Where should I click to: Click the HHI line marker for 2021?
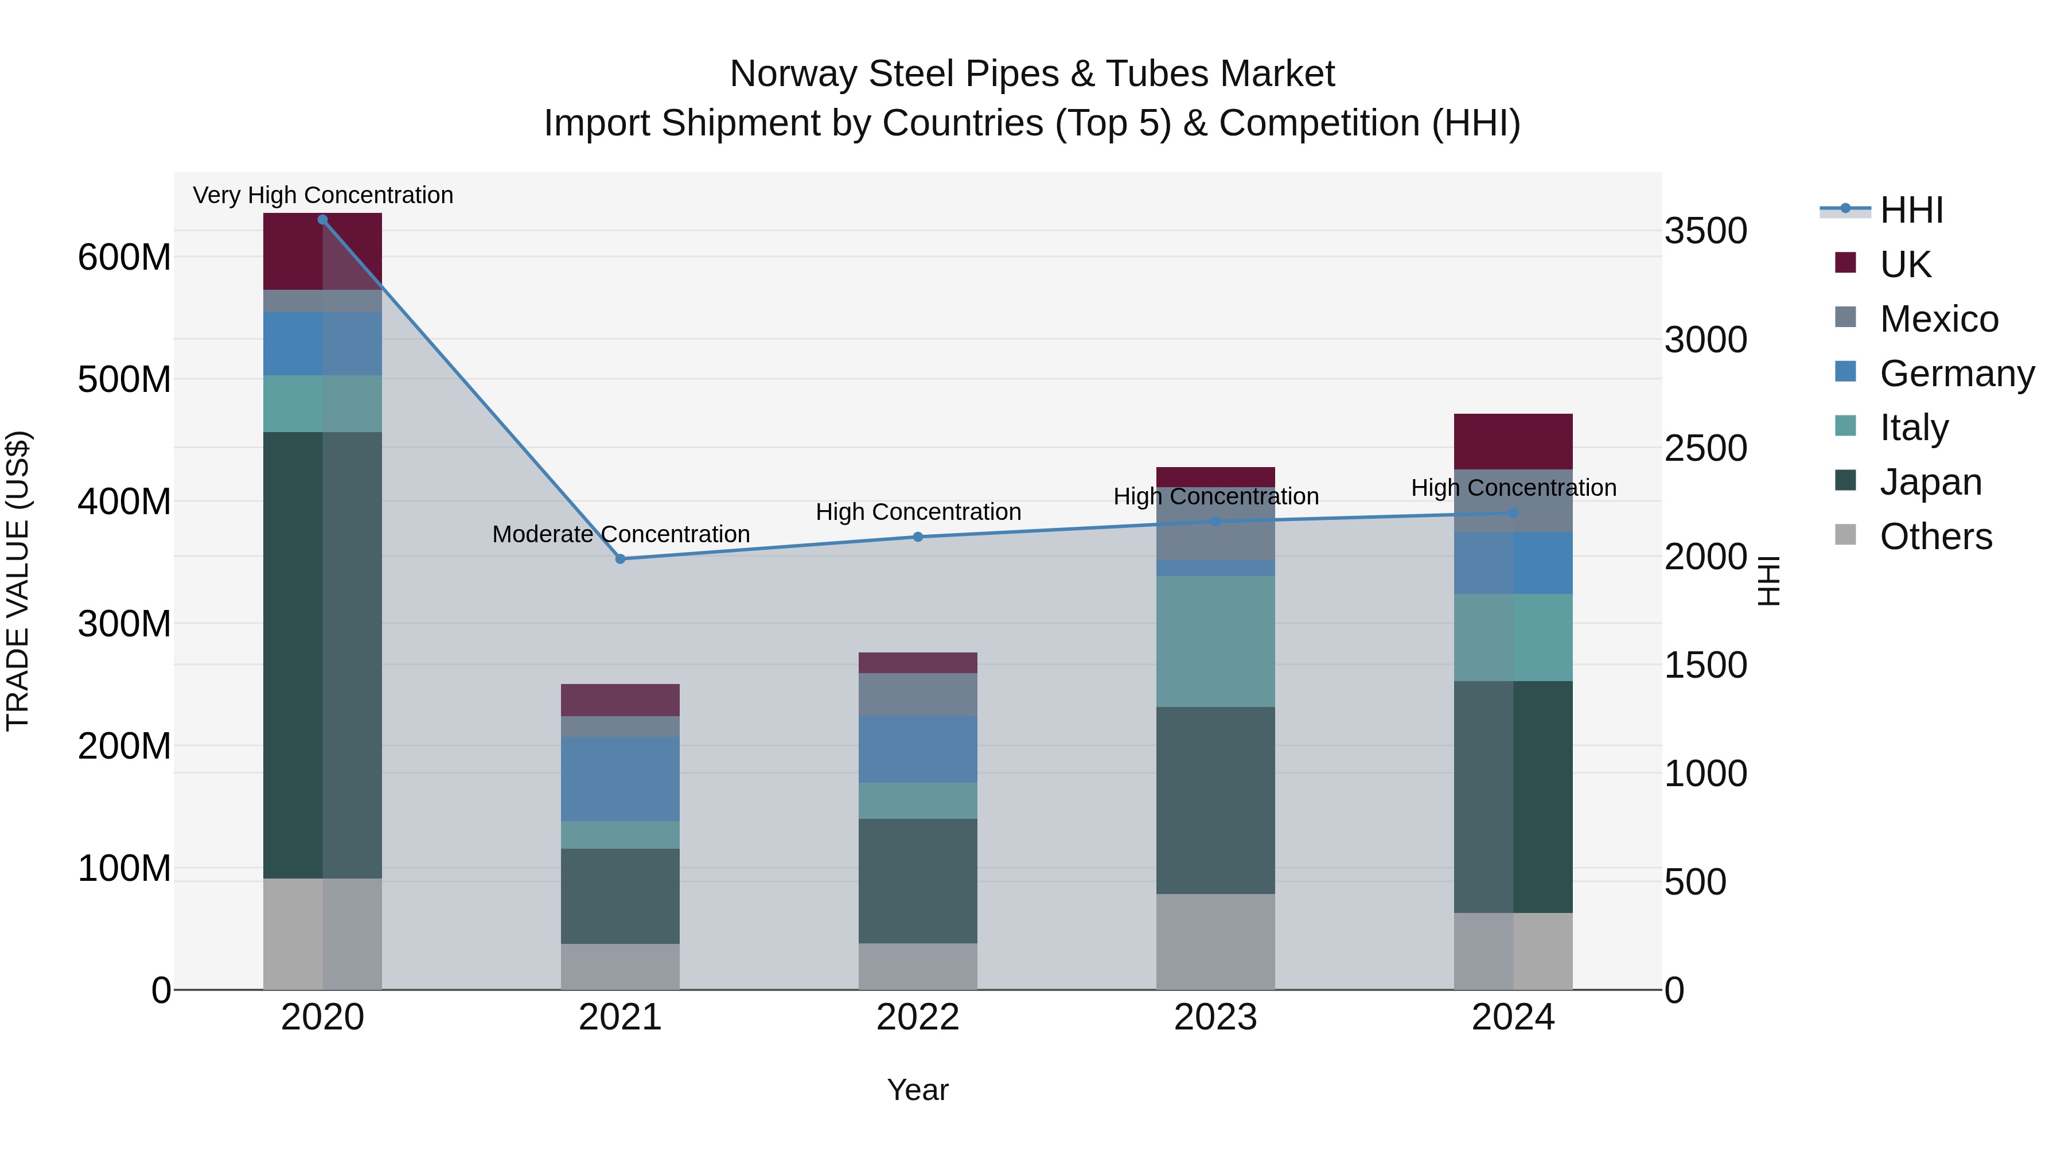(619, 559)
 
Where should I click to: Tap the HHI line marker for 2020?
(322, 220)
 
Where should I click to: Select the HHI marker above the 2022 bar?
(918, 537)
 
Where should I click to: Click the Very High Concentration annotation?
(323, 195)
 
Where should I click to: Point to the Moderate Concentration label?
(621, 534)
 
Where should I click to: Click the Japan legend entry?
(1930, 482)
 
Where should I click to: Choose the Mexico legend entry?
(1938, 319)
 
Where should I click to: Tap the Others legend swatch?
(1845, 535)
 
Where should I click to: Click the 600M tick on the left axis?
(124, 258)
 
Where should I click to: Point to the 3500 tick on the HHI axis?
(1705, 231)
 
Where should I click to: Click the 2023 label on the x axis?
(1215, 1017)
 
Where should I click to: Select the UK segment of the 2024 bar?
(1513, 441)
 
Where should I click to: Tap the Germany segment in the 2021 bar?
(619, 778)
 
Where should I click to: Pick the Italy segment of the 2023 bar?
(1215, 641)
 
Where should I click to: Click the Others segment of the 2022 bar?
(918, 966)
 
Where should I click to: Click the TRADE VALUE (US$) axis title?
(18, 581)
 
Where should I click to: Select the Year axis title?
(917, 1090)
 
